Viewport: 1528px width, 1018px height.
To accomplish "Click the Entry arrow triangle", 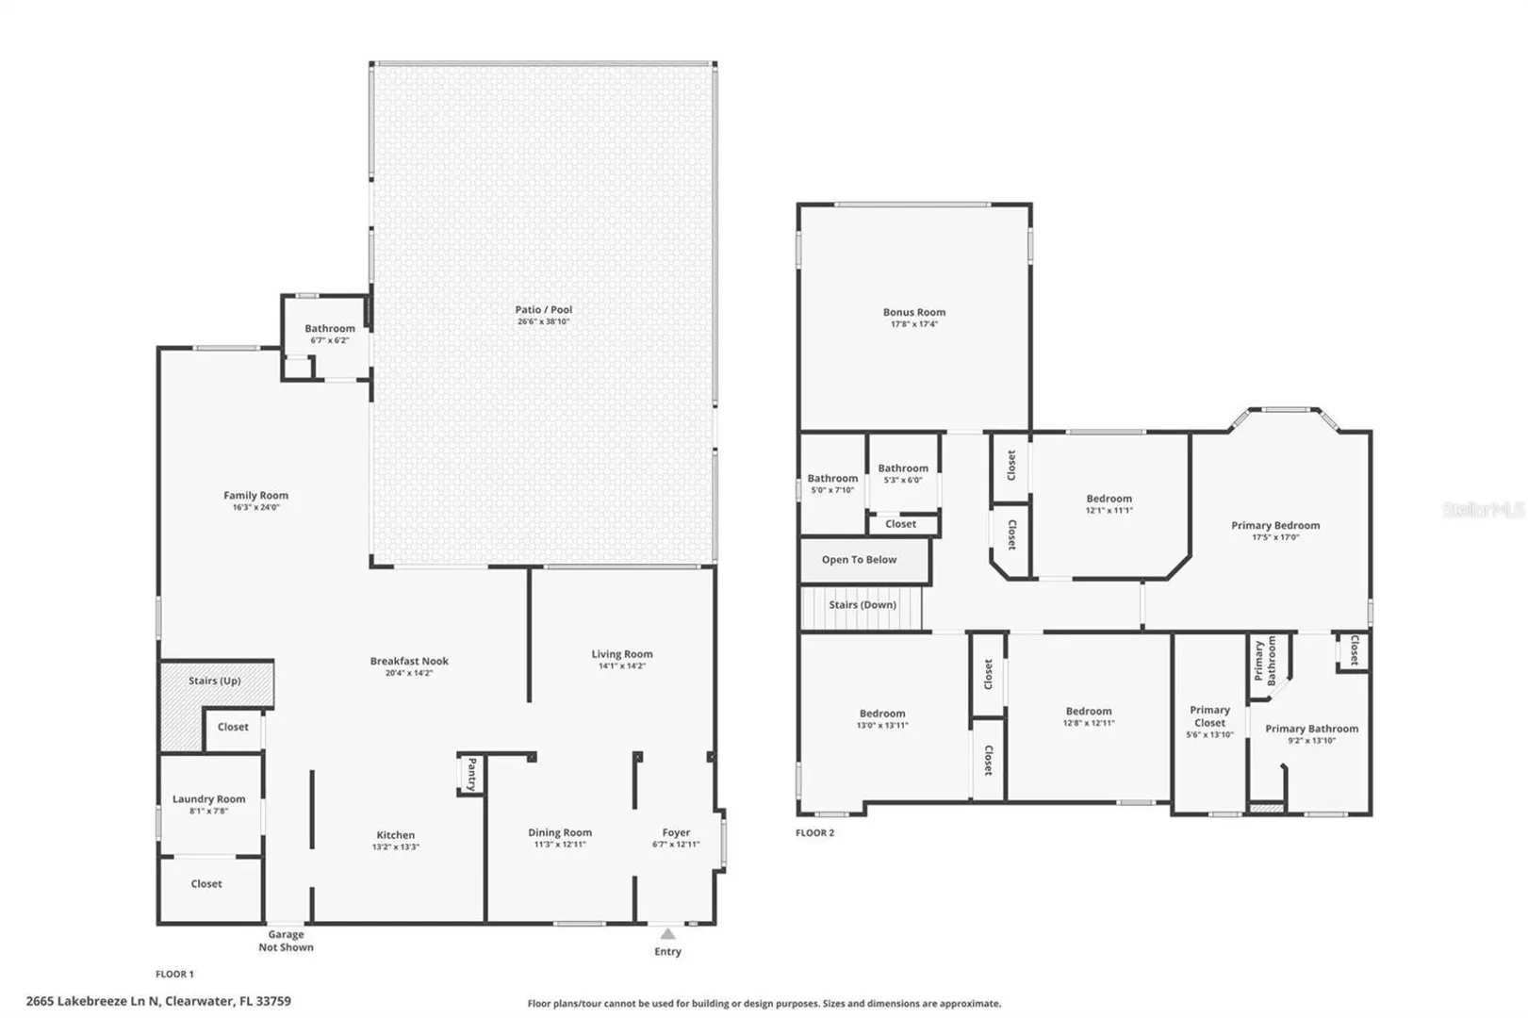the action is point(667,934).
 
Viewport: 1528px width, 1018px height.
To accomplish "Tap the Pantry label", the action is point(471,775).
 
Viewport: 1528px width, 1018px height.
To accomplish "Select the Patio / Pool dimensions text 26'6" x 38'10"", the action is point(543,321).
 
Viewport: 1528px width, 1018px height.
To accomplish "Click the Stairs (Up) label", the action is point(215,681).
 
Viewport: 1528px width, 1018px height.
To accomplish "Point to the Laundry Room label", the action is point(208,799).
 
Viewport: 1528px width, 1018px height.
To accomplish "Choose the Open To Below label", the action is point(859,560).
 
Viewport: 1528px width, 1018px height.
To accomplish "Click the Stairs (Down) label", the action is point(863,605).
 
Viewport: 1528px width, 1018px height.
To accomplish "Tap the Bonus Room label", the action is point(914,313).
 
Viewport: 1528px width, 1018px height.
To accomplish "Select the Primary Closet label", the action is point(1209,716).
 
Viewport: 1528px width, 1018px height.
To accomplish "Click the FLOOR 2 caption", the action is point(814,832).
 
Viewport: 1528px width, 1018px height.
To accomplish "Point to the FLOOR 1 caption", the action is point(174,974).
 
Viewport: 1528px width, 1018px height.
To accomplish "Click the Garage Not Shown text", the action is point(286,941).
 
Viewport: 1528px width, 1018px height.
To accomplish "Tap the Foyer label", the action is point(676,832).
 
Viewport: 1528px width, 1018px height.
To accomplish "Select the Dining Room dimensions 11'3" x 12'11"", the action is point(560,845).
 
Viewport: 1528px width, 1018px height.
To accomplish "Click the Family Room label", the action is point(255,496).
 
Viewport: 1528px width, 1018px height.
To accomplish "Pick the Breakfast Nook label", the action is point(409,661).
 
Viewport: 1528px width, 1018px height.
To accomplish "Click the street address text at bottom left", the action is point(158,1001).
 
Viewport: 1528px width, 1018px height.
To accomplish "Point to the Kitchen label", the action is point(396,835).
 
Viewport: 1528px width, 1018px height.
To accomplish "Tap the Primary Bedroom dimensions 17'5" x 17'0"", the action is point(1275,537).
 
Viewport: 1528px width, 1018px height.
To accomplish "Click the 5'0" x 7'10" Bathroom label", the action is point(832,484).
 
